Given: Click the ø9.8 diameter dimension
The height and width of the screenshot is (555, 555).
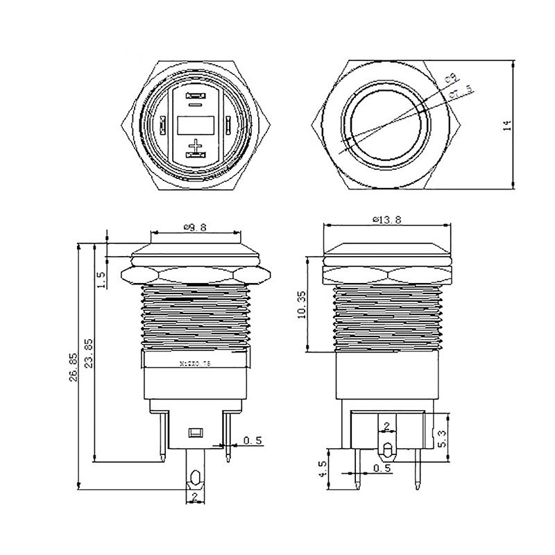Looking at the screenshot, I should pyautogui.click(x=196, y=226).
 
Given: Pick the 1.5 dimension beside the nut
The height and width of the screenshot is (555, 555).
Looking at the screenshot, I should pyautogui.click(x=101, y=280).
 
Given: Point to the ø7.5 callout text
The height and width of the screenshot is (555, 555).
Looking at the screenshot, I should pyautogui.click(x=461, y=90).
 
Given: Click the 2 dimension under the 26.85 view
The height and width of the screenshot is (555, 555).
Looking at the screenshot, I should pyautogui.click(x=196, y=497).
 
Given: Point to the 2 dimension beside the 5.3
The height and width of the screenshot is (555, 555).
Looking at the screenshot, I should pyautogui.click(x=386, y=426).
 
